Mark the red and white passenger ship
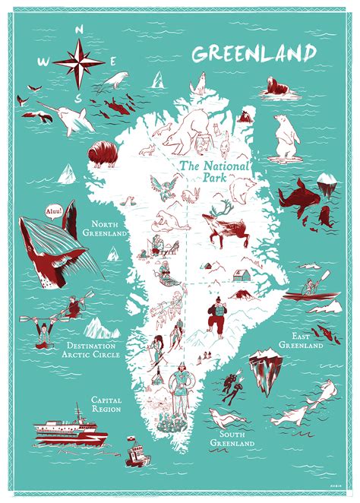click(71, 429)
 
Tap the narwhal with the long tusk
click(61, 114)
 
